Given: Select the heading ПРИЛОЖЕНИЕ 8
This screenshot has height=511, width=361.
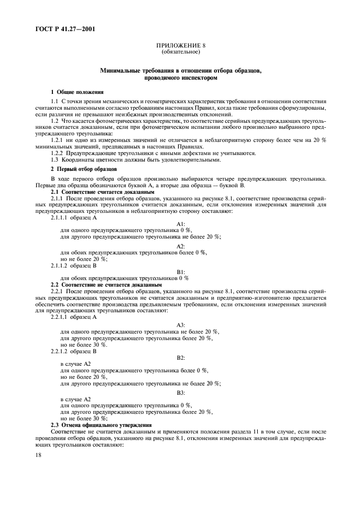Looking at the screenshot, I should pos(181,46).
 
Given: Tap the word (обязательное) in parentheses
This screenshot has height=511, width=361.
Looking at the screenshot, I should pos(181,52).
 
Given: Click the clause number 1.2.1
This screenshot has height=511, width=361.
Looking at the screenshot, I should pos(58,141).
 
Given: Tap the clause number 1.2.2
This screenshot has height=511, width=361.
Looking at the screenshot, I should pos(58,153).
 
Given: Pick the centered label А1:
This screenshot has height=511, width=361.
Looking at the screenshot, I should pos(181,224).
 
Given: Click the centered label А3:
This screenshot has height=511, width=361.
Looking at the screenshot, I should pos(181,324).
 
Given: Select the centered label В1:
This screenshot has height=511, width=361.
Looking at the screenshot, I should pos(181,271).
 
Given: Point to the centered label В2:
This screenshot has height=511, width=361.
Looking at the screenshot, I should pos(181,357).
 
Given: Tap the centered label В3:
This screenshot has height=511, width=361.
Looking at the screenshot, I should pos(181,392).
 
